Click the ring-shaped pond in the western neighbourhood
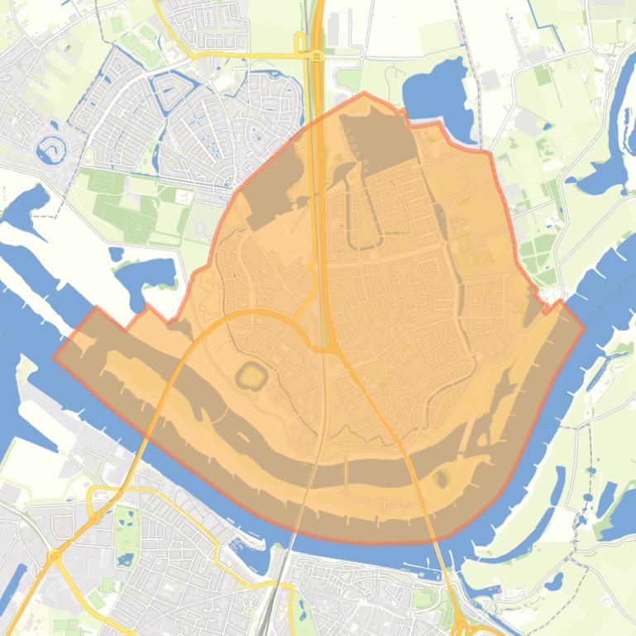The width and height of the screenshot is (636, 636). pos(49,148)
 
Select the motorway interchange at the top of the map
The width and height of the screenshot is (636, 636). pos(316,55)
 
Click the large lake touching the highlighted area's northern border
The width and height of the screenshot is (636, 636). pos(434,95)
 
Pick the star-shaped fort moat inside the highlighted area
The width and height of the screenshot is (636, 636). pos(251,378)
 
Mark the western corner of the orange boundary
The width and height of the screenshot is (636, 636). pos(55,357)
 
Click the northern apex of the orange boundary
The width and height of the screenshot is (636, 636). pos(364,93)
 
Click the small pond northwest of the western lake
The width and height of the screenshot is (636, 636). pos(116,254)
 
